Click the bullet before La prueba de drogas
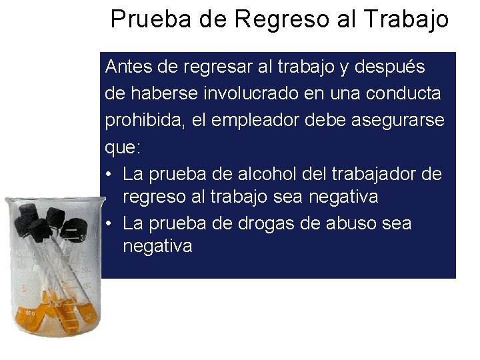pyautogui.click(x=110, y=224)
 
